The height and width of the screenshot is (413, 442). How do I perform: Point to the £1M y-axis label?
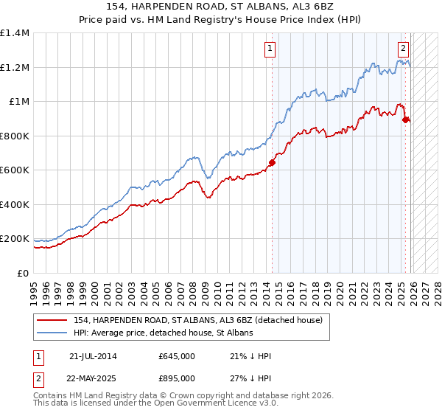(x=18, y=102)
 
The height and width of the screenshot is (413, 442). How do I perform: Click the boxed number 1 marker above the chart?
(x=270, y=49)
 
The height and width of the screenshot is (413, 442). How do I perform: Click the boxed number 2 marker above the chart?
(x=404, y=49)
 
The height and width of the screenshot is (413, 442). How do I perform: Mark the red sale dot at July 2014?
(x=272, y=163)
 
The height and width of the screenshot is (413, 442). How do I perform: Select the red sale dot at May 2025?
(x=406, y=120)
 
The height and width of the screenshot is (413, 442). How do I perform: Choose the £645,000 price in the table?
(x=177, y=356)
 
